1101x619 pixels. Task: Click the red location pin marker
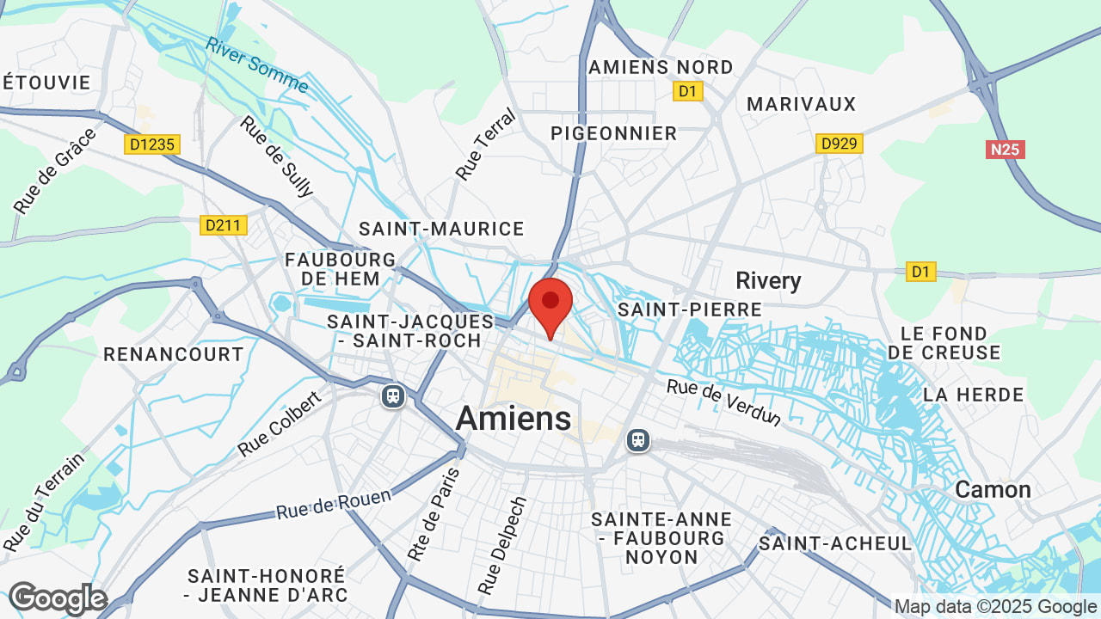point(550,305)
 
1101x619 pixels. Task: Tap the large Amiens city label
point(514,419)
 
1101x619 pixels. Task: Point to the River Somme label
point(257,64)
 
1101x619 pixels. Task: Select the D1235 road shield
point(151,144)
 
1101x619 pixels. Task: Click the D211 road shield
point(224,225)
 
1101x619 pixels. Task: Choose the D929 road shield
point(839,144)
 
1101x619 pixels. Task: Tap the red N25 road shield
point(1005,150)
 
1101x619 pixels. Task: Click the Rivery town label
point(768,280)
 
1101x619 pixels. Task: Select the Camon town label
point(993,490)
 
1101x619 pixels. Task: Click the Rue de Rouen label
point(334,504)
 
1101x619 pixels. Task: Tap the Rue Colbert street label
point(280,424)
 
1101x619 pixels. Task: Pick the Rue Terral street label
point(485,144)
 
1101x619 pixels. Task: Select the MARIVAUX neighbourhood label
point(801,104)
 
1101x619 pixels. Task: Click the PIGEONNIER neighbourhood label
point(614,133)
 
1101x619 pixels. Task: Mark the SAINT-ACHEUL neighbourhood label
point(834,543)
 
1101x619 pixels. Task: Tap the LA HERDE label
point(973,395)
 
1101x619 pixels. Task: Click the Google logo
point(58,598)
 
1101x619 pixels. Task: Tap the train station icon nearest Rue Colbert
point(393,396)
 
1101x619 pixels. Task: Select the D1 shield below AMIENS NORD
point(687,91)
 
